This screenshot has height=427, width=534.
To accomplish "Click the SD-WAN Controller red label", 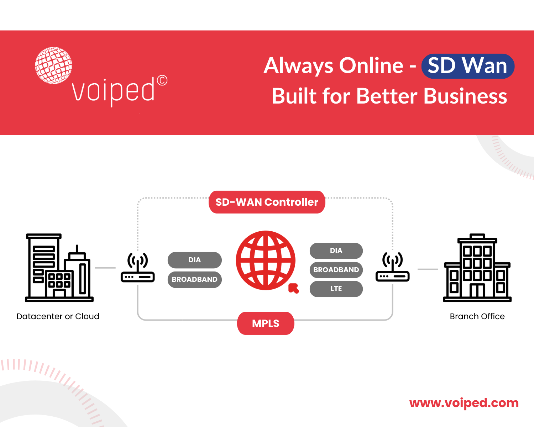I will coord(267,202).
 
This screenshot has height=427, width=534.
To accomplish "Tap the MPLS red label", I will coord(266,323).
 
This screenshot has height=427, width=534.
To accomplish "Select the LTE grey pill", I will coord(336,289).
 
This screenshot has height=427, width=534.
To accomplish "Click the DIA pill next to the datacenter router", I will coord(194,260).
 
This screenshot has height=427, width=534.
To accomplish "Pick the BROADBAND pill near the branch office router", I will coord(336,270).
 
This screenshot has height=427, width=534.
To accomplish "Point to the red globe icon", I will coord(266,260).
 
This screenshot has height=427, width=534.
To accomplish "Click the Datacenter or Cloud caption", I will coord(58,316).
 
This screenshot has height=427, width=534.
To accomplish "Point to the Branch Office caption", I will coord(477,316).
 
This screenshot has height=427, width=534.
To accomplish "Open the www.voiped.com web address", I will coord(464,403).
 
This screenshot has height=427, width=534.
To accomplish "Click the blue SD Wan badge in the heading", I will coord(467,66).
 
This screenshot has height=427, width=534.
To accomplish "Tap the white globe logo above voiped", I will coord(53,65).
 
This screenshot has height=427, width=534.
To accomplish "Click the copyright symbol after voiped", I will coord(162,80).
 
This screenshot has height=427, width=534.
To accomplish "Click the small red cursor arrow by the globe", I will coord(293,288).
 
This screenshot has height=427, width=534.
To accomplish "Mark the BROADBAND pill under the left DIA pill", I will coord(194,279).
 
